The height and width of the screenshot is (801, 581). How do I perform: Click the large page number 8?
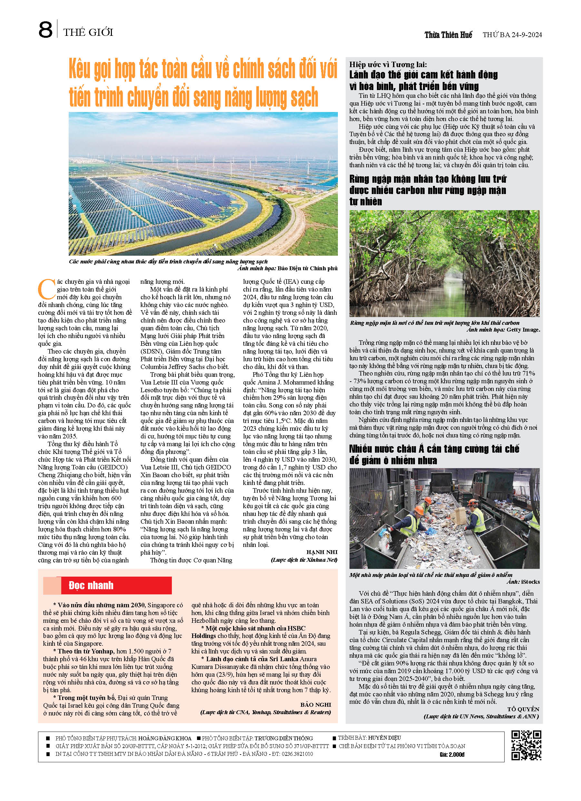click(45, 30)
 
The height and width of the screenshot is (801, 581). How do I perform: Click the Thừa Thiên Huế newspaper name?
click(448, 35)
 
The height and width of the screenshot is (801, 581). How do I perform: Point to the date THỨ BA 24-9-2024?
click(512, 35)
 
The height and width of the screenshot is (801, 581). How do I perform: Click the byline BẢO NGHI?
click(316, 704)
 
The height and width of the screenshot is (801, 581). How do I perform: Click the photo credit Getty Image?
click(523, 330)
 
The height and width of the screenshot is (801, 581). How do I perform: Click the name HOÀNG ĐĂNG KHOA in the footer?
click(165, 738)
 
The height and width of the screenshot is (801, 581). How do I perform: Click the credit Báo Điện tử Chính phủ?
click(307, 268)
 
